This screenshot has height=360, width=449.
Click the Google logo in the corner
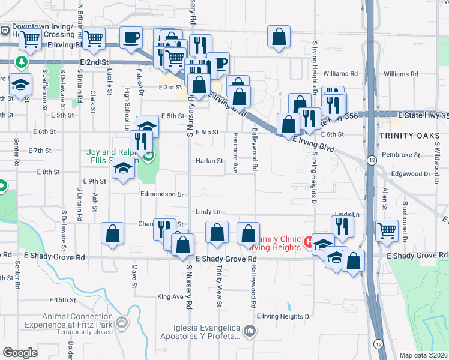pyautogui.click(x=20, y=353)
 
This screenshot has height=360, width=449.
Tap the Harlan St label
pyautogui.click(x=209, y=161)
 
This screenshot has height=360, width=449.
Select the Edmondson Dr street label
pyautogui.click(x=162, y=194)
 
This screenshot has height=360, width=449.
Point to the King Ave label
pyautogui.click(x=169, y=296)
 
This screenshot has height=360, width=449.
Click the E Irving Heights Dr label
pyautogui.click(x=284, y=316)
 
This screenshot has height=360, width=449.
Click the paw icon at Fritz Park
pyautogui.click(x=122, y=323)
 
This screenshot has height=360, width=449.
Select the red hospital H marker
pyautogui.click(x=310, y=242)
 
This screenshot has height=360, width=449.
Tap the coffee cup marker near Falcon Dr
pyautogui.click(x=131, y=38)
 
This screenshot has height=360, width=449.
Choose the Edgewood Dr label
pyautogui.click(x=411, y=173)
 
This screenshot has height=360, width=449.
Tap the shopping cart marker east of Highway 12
pyautogui.click(x=387, y=230)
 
